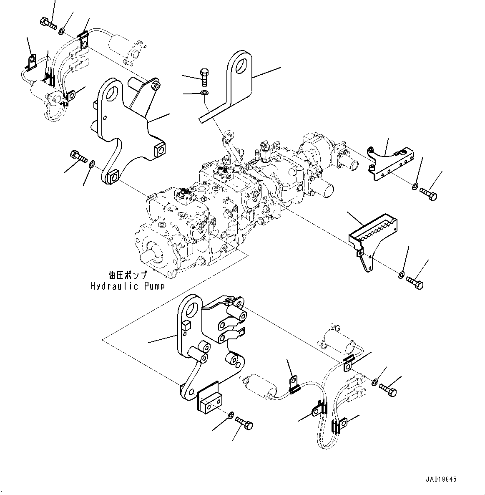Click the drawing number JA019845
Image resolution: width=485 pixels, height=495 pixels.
click(441, 479)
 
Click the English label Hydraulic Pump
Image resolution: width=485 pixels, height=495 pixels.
click(128, 286)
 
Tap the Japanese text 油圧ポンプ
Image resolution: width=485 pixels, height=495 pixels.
click(128, 275)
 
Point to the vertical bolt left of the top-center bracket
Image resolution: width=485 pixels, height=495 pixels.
click(204, 77)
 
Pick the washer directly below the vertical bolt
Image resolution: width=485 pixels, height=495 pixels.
click(204, 93)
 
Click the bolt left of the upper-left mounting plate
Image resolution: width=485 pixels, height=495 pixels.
click(78, 156)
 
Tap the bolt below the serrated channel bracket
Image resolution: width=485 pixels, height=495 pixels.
click(415, 282)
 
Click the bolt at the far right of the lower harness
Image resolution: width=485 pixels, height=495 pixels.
click(388, 389)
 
